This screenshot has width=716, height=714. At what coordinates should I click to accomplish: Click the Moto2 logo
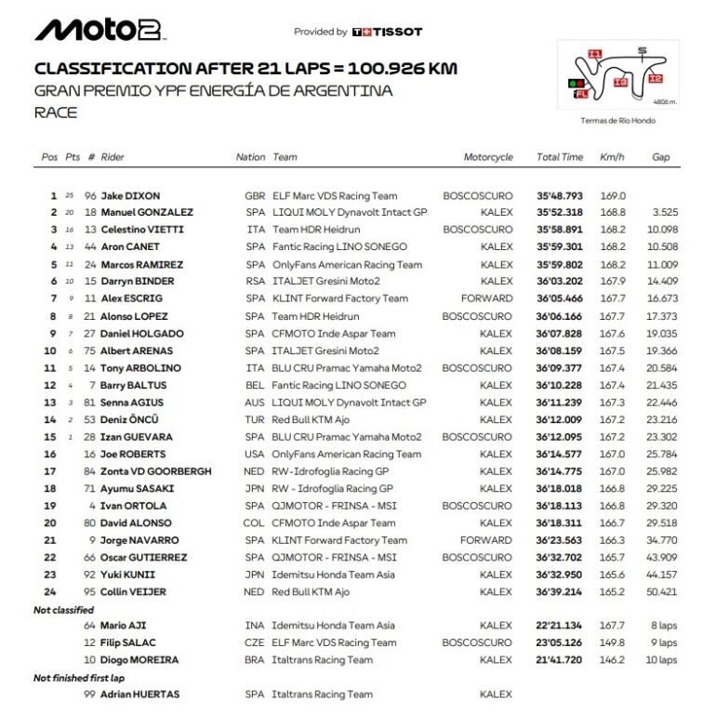(99, 30)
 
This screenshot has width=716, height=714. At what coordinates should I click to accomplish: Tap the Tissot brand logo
(388, 32)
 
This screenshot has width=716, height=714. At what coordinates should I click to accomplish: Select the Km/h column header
(612, 157)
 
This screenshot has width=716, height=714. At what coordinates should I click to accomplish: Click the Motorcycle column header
(488, 157)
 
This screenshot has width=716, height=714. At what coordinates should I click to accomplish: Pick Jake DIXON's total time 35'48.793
(559, 196)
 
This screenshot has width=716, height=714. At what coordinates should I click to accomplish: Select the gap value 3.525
(663, 213)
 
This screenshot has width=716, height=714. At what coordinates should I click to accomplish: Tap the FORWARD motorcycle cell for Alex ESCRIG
(485, 298)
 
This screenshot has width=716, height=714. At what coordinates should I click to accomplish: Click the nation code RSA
(254, 281)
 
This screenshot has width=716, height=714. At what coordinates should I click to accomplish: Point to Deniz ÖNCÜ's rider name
(131, 419)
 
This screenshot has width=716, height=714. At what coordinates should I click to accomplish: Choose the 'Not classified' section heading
(63, 610)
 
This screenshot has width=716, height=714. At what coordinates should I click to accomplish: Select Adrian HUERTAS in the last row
(139, 694)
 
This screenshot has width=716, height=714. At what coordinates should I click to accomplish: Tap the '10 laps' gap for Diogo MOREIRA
(661, 660)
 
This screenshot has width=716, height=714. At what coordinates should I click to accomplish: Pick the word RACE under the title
(55, 112)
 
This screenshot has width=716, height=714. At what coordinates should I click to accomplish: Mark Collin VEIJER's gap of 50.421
(661, 591)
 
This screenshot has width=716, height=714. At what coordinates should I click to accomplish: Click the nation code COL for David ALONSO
(255, 522)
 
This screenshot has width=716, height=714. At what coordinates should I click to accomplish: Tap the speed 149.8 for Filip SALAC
(613, 642)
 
